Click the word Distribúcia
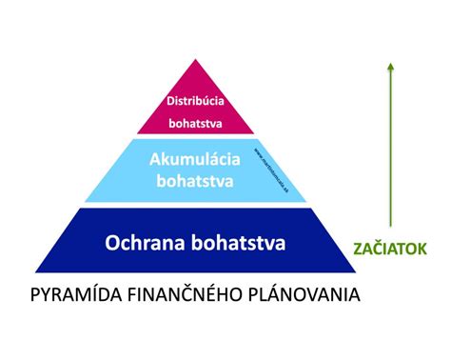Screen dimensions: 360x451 coord(194,99)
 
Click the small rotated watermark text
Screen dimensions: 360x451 coord(270,162)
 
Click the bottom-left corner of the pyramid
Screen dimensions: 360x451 coord(36,271)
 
